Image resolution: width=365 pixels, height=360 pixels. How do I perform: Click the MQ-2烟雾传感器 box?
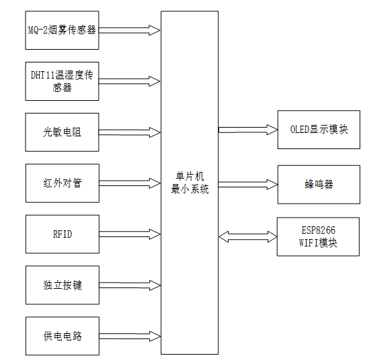[62, 30]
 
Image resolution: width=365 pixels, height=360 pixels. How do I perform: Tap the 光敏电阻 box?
[62, 132]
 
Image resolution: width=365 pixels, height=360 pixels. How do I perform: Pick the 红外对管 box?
[62, 183]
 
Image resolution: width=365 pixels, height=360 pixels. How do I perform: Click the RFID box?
[62, 234]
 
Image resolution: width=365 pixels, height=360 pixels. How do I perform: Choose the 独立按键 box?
[62, 285]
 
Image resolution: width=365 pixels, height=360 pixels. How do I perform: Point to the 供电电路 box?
[62, 336]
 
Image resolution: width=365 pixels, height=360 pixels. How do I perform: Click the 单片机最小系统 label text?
[190, 183]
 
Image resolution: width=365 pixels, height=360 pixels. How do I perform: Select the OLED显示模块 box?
[318, 129]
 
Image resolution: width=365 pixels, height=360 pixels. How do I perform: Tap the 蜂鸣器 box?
[318, 183]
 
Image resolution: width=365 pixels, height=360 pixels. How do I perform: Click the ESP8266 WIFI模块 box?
[318, 236]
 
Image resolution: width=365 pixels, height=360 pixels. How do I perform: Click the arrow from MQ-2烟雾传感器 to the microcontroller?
[130, 30]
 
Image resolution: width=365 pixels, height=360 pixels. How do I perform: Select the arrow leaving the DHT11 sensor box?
[130, 81]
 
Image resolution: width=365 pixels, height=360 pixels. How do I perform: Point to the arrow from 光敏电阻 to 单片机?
[130, 132]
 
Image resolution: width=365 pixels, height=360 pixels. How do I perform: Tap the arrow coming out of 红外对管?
[130, 183]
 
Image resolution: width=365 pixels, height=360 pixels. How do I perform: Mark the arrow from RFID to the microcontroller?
[130, 234]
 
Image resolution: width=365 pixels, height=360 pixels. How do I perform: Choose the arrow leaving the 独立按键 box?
[130, 285]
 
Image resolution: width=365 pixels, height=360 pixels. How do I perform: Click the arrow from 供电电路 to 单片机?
[130, 336]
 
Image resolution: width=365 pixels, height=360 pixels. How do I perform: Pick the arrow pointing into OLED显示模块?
[247, 129]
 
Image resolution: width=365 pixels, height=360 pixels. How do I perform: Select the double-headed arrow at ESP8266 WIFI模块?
[247, 236]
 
